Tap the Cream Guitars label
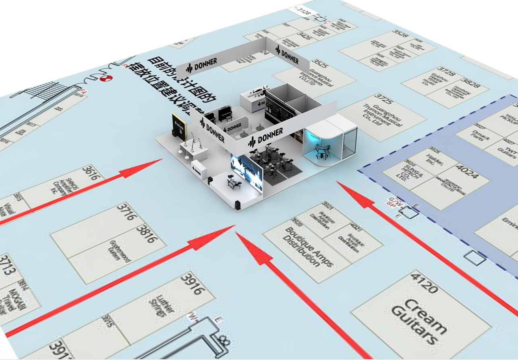[419, 321]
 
